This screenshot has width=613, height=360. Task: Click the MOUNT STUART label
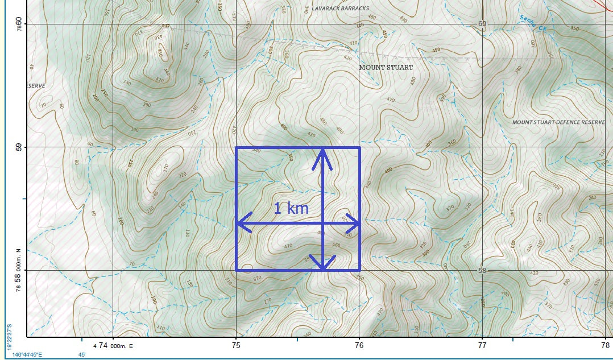[386, 67]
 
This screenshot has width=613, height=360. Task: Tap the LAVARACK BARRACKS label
[340, 9]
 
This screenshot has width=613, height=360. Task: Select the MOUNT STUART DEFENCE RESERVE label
[558, 122]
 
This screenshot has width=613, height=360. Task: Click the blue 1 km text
[291, 208]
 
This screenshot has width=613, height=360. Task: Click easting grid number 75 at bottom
[236, 345]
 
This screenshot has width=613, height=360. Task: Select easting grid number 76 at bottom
[359, 345]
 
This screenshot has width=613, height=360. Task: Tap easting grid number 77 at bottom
[482, 345]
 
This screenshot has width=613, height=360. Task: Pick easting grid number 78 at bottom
[606, 345]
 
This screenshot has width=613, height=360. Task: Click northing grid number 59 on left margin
[18, 147]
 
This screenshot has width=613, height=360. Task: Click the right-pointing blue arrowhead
[354, 224]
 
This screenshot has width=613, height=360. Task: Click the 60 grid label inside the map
[482, 24]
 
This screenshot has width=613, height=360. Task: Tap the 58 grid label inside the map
[482, 271]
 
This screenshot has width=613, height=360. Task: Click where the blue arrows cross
[322, 224]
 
